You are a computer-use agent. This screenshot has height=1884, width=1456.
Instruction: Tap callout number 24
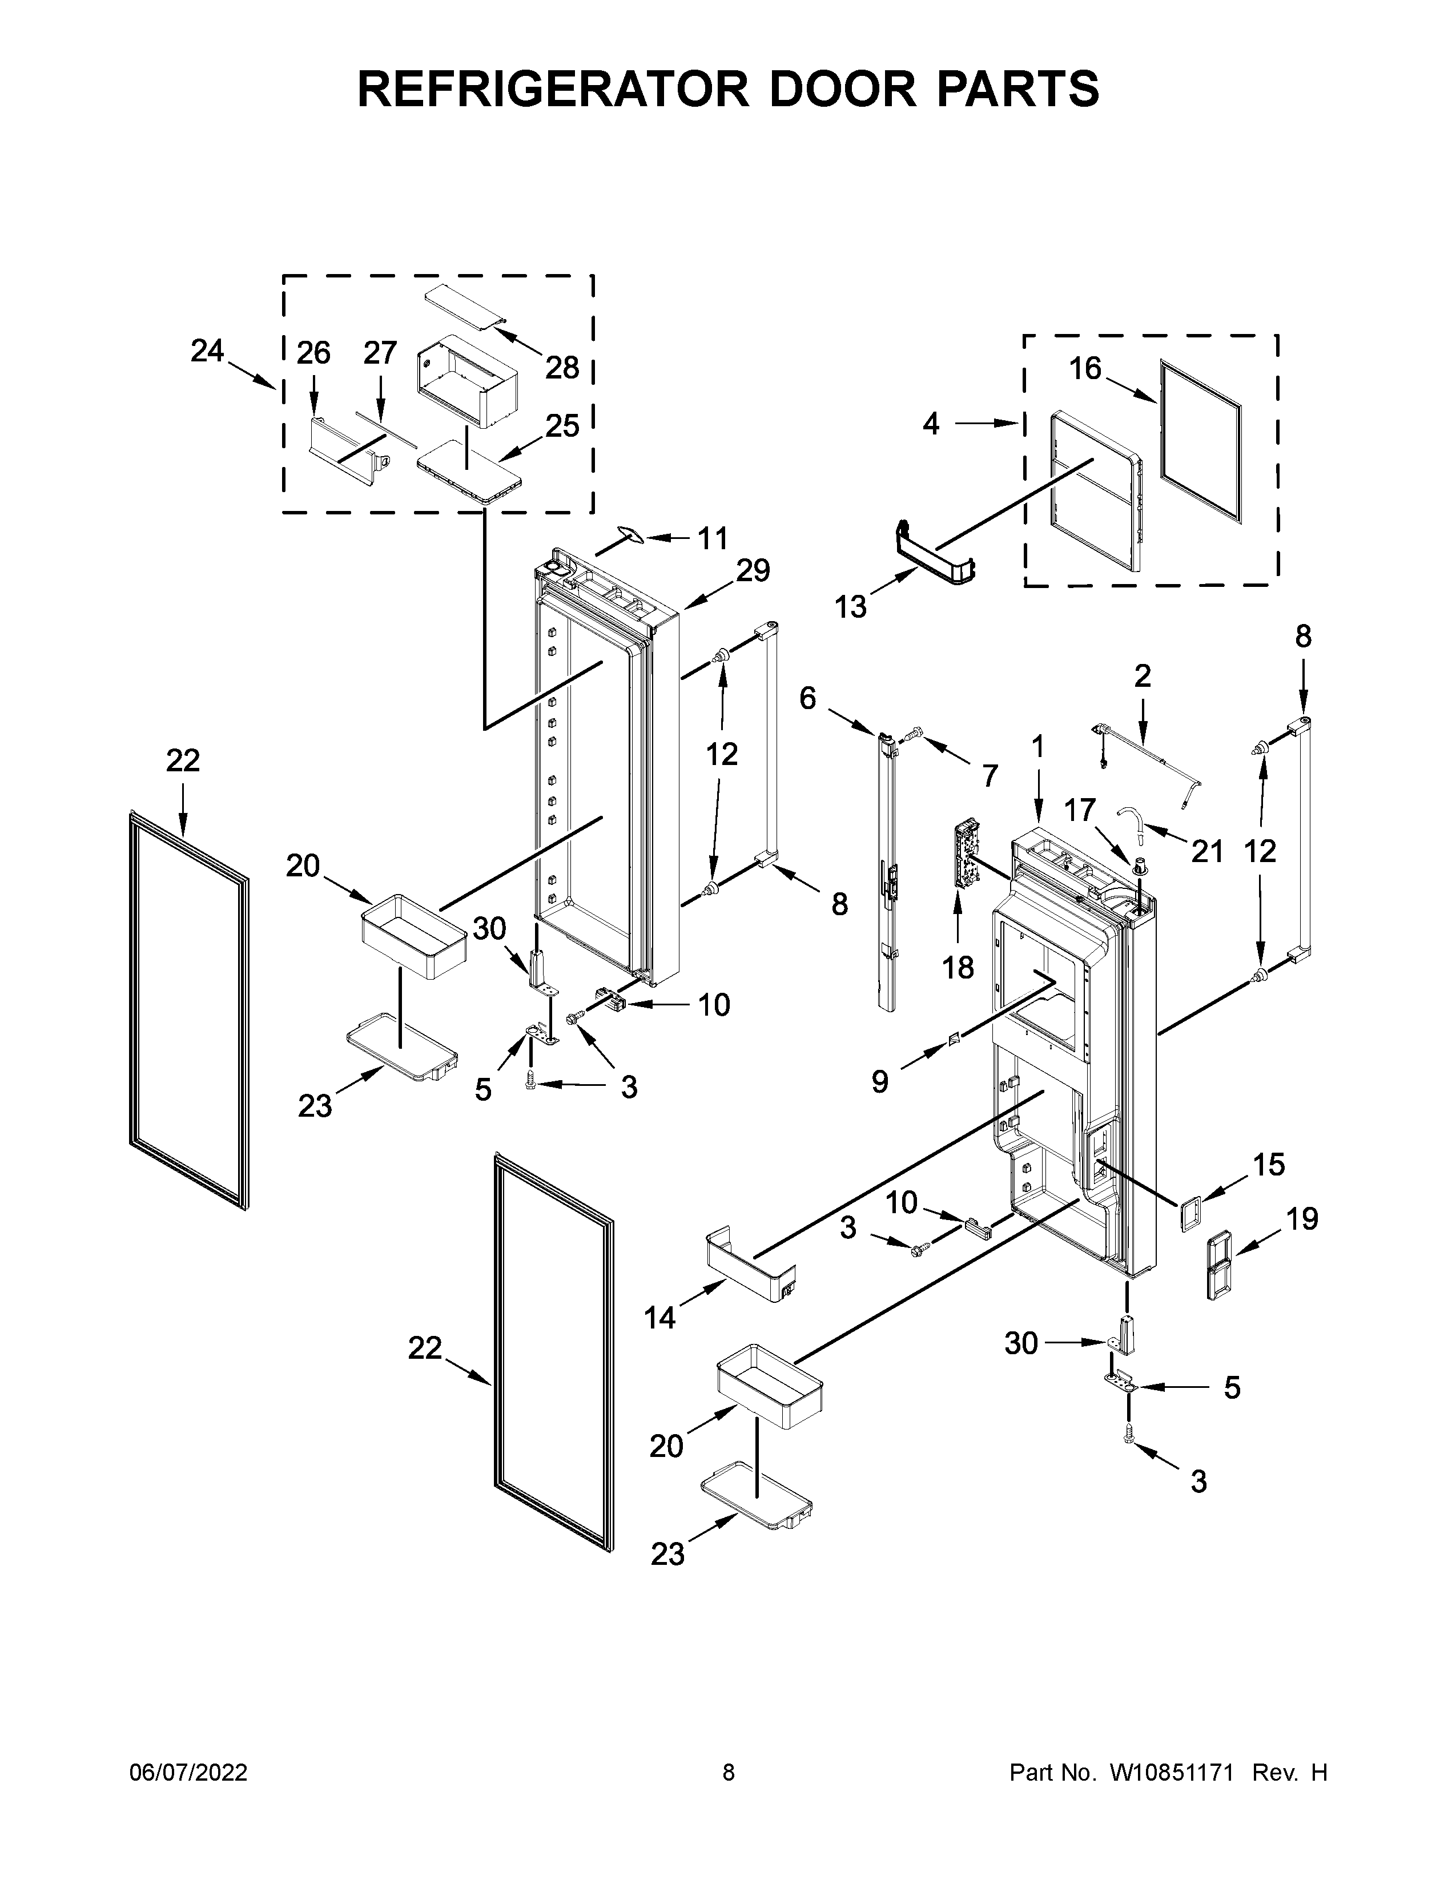coord(207,351)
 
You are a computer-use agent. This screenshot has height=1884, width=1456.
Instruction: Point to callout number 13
coord(851,607)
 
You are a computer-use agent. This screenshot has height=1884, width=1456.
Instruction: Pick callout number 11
coord(713,538)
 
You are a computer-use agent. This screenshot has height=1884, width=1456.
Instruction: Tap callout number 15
coord(1268,1165)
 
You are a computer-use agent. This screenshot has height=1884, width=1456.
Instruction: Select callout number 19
coord(1302,1219)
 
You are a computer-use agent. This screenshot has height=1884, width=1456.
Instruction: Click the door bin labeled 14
coord(750,1269)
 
